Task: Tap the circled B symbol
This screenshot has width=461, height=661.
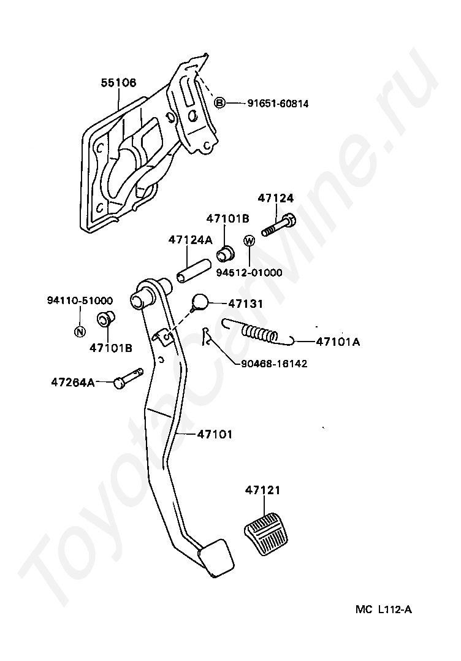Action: click(x=220, y=103)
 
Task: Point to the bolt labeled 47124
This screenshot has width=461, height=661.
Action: click(x=279, y=225)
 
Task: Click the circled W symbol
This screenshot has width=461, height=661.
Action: click(x=249, y=241)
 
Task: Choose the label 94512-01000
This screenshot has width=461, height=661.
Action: click(x=249, y=272)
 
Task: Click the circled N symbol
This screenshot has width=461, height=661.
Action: click(x=79, y=332)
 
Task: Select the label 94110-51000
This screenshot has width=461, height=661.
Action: click(x=80, y=300)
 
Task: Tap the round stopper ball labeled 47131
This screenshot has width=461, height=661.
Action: click(x=201, y=302)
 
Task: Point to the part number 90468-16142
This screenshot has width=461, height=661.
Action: click(x=273, y=364)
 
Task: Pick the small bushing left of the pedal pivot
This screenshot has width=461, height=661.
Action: click(x=105, y=319)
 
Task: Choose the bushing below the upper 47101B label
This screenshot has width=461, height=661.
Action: click(x=226, y=252)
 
